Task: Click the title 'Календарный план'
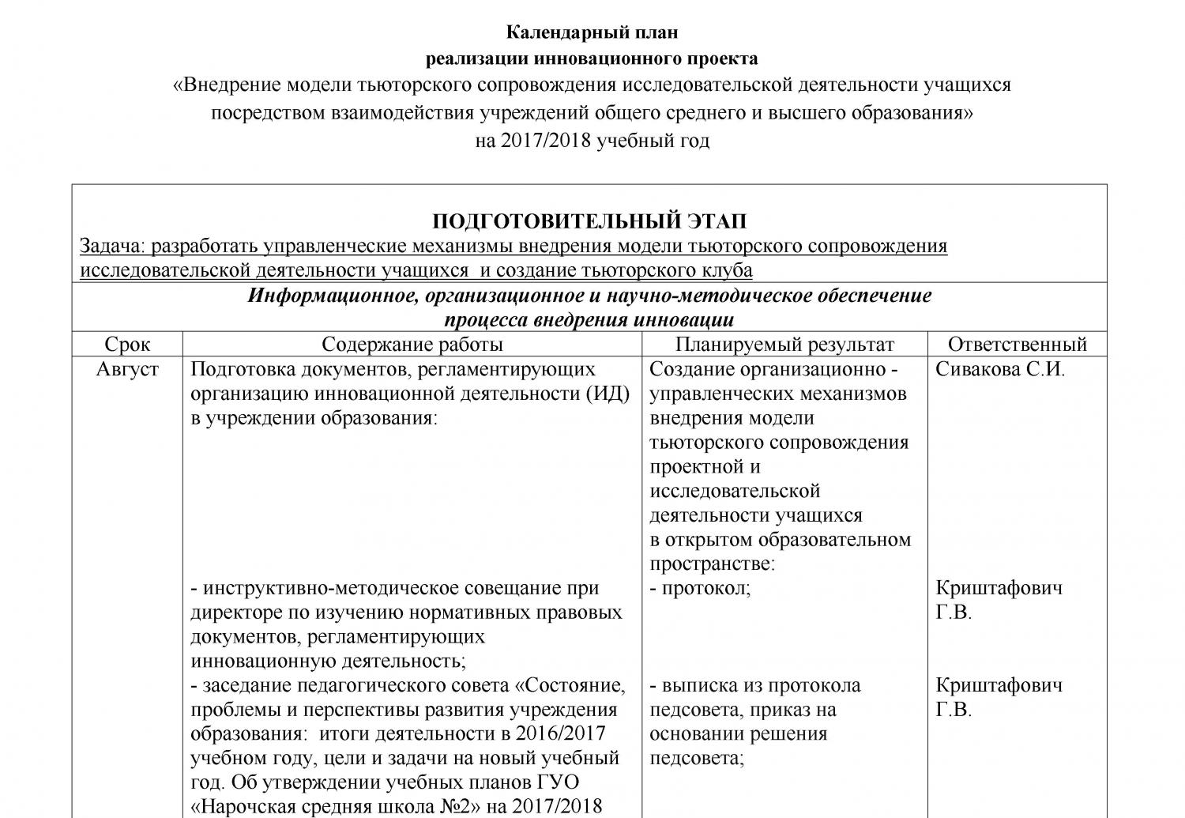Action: tap(592, 33)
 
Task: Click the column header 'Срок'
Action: tap(127, 345)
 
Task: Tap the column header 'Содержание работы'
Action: tap(412, 345)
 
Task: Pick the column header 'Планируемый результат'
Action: tap(784, 345)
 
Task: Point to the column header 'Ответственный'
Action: tap(1017, 345)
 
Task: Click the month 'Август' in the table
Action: tap(127, 369)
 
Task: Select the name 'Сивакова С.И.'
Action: tap(1000, 369)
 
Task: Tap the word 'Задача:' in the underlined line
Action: tap(113, 246)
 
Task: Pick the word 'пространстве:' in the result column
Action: tap(712, 564)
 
